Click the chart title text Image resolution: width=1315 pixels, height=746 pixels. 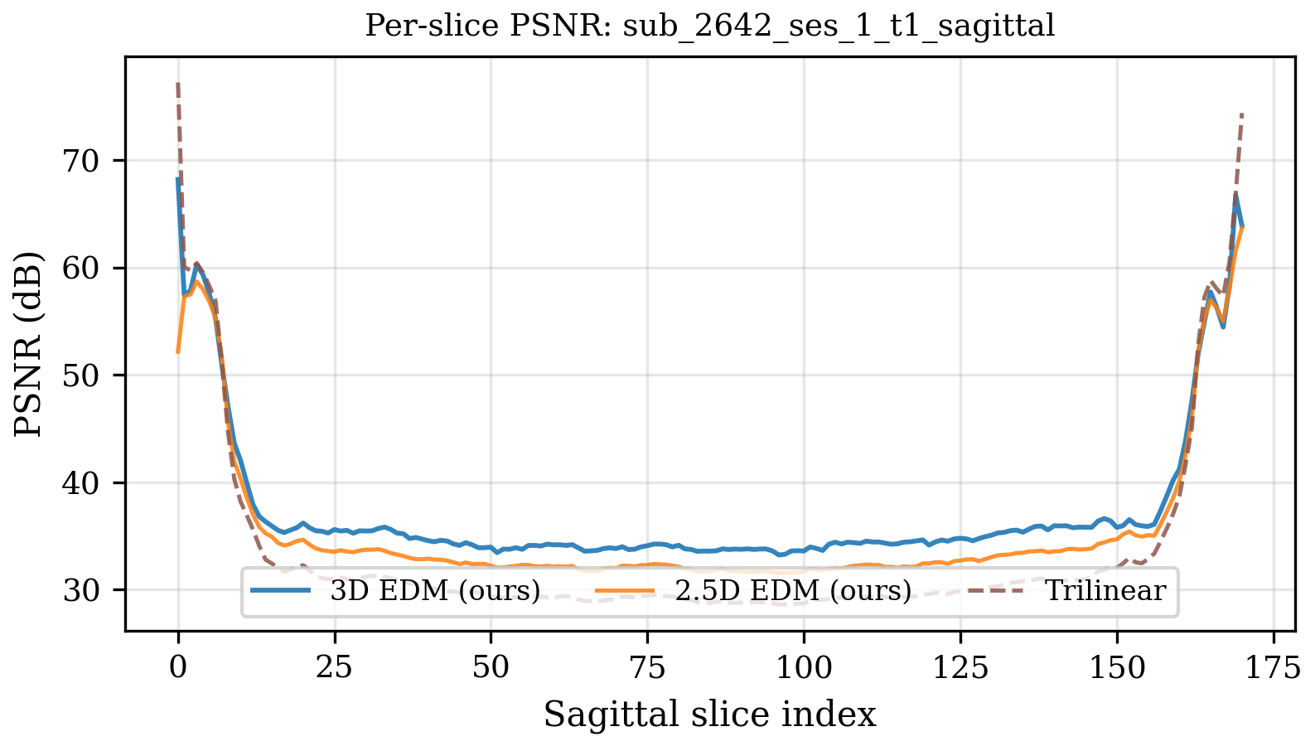pyautogui.click(x=710, y=27)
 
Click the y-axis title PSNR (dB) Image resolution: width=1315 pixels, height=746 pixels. pyautogui.click(x=30, y=345)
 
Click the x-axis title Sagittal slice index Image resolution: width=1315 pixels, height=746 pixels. pyautogui.click(x=710, y=715)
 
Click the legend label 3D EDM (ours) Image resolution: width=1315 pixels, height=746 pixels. pyautogui.click(x=435, y=591)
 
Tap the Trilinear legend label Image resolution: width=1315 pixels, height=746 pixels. pyautogui.click(x=1105, y=591)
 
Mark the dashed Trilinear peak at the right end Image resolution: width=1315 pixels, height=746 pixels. pyautogui.click(x=1242, y=114)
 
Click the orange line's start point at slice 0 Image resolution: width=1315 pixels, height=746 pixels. pyautogui.click(x=178, y=352)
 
